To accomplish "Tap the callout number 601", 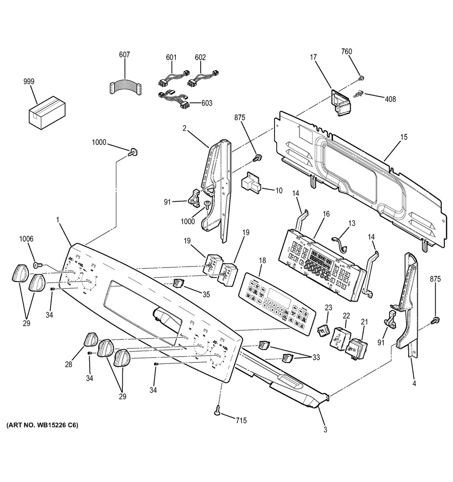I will point(171,57).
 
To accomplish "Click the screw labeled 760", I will point(361,78).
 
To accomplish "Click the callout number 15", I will point(404,137).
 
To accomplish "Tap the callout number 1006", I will point(26,239).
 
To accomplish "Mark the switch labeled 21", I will point(357,347).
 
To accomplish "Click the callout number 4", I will point(414,384).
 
